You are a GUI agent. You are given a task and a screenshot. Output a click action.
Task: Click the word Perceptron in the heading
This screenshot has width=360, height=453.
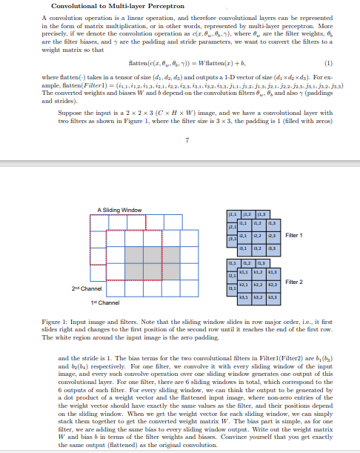point(143,6)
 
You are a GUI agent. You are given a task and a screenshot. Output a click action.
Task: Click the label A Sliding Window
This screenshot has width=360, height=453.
point(119,210)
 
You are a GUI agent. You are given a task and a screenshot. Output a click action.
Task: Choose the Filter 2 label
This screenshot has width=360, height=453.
point(293,282)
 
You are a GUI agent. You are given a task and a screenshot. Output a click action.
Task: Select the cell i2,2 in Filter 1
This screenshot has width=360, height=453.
point(259,234)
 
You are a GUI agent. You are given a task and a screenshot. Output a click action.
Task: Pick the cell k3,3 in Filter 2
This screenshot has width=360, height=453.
point(272,297)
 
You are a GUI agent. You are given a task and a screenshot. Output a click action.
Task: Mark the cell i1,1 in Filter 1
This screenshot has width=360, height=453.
point(245,222)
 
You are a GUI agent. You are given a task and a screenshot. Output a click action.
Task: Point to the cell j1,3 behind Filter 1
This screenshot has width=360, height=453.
point(260,215)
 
